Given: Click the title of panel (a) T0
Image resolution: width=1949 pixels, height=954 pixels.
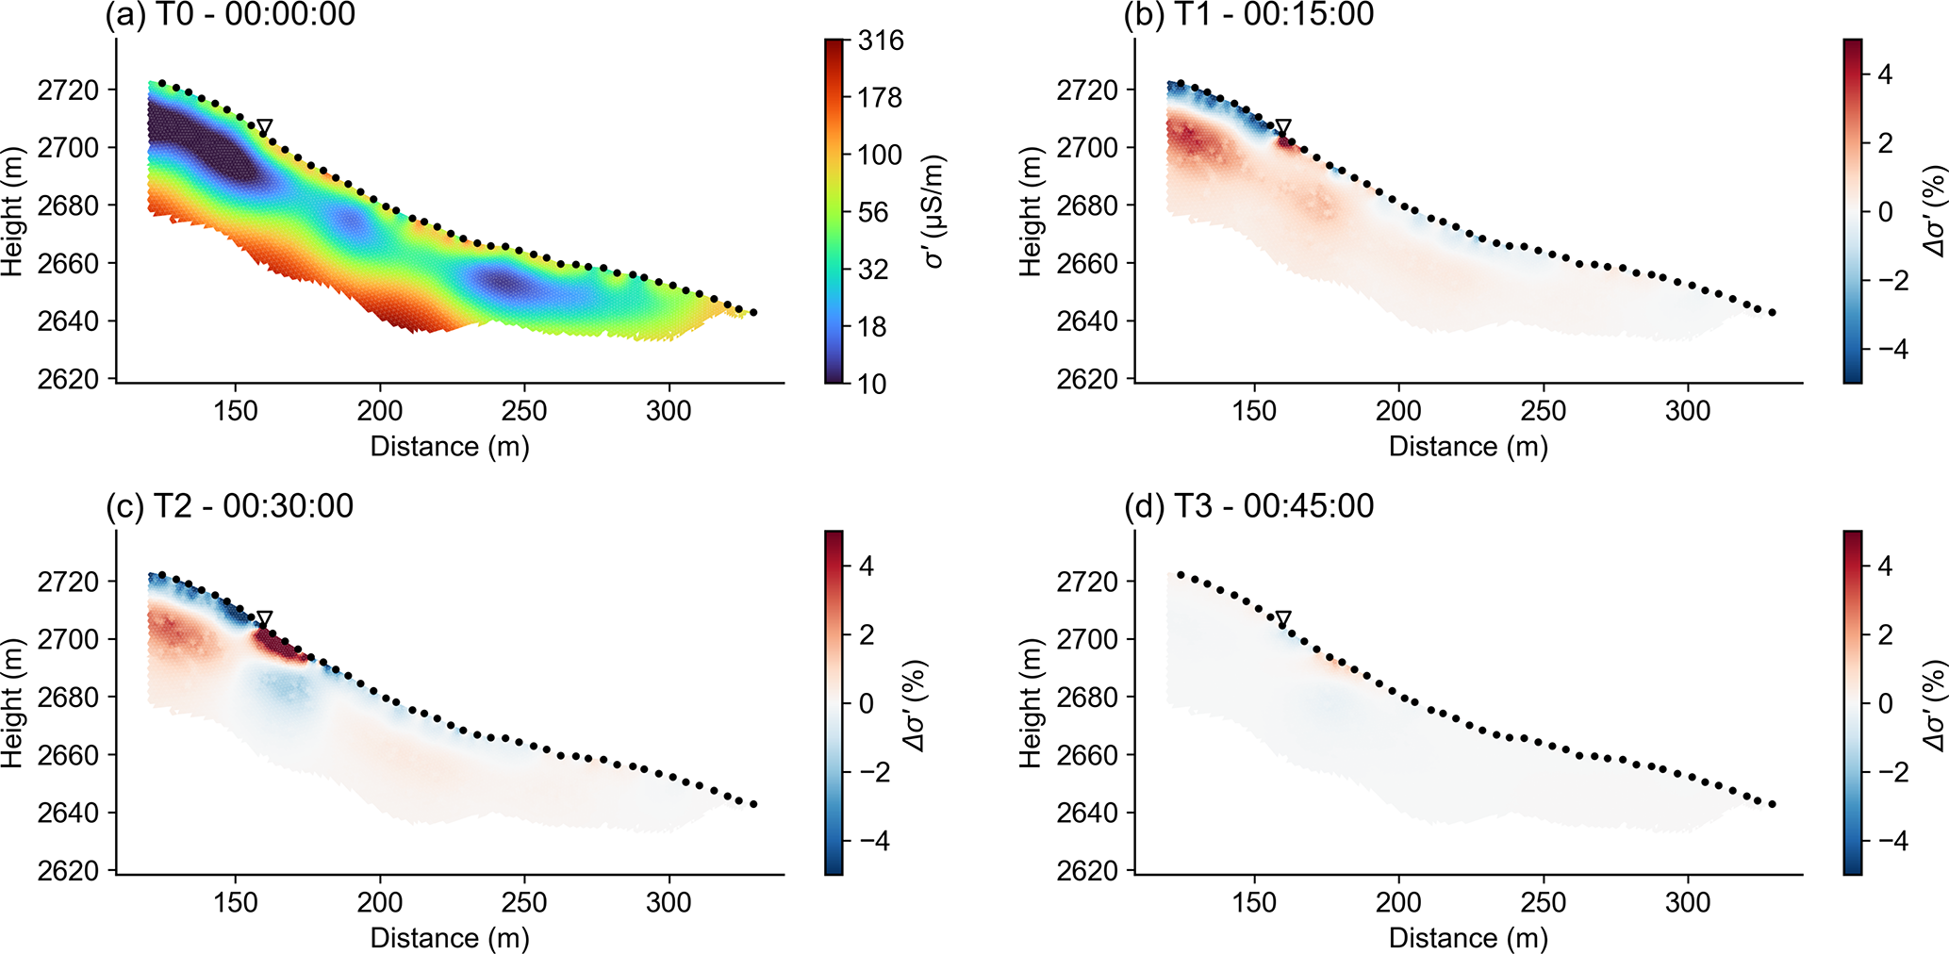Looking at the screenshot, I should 230,15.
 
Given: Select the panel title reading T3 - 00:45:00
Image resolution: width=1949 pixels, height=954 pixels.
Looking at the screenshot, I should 1248,507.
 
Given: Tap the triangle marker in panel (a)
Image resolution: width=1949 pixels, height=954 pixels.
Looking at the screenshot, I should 265,127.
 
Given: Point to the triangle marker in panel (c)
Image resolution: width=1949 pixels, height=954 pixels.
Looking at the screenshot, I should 265,619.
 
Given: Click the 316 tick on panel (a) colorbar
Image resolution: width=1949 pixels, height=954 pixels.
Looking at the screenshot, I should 881,41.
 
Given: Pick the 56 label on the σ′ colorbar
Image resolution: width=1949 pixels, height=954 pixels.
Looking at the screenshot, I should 873,212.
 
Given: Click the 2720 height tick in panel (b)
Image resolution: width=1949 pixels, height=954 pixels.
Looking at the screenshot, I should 1087,90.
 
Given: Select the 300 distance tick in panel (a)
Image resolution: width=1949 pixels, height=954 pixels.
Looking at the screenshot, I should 669,411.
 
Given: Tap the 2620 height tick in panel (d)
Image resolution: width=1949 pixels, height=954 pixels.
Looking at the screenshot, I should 1087,870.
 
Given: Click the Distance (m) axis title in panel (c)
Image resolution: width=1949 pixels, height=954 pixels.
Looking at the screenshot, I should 450,938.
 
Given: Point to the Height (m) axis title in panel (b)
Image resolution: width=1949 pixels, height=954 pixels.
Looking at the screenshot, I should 1031,212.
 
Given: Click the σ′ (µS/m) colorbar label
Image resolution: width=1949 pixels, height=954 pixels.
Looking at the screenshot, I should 934,212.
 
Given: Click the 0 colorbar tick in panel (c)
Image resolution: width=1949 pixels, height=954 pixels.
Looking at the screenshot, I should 867,704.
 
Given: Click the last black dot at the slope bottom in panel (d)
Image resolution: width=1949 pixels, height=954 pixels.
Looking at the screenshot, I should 1773,804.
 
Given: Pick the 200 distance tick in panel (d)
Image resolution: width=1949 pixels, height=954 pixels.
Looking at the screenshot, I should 1398,903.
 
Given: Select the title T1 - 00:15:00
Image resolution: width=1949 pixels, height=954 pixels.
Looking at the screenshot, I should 1248,15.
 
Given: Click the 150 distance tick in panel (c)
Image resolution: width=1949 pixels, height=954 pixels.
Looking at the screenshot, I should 235,903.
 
